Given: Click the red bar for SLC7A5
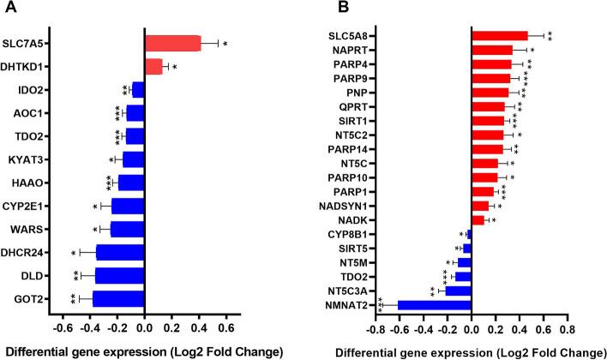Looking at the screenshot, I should [x=172, y=43].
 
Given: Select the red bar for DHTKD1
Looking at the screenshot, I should [x=153, y=66].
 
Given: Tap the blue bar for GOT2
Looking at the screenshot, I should [x=118, y=299].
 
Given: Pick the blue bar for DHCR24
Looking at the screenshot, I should [x=120, y=252].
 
